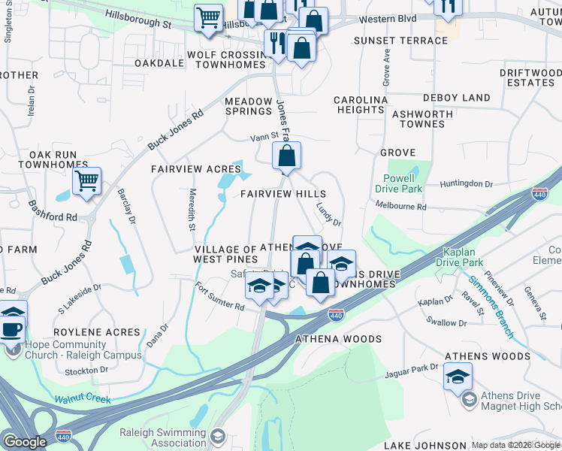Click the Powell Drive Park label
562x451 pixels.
(399, 183)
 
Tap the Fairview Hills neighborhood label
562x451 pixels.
(283, 194)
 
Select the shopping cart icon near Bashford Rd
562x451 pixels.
(86, 180)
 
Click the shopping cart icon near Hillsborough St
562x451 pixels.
(207, 17)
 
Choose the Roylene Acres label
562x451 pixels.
(98, 331)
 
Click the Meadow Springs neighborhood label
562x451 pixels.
(249, 107)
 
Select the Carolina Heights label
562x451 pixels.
(361, 104)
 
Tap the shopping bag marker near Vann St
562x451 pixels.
(286, 156)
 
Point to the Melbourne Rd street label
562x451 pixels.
(400, 207)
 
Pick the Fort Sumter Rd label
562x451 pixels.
(219, 296)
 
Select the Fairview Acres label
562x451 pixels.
(185, 170)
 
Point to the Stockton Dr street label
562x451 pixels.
(87, 371)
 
